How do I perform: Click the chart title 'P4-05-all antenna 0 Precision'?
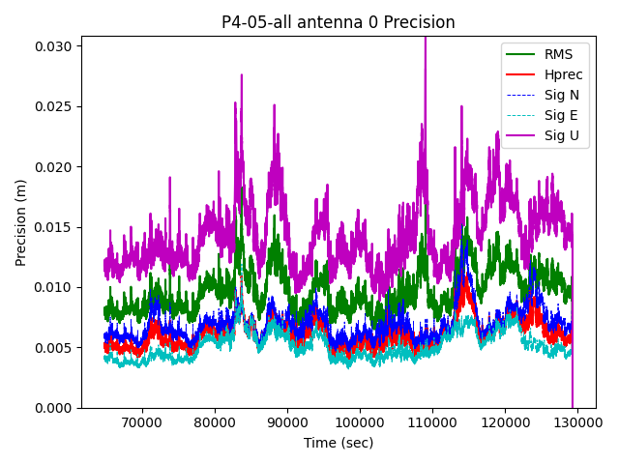coord(338,22)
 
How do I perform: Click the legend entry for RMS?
coord(558,54)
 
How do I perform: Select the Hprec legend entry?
coord(564,74)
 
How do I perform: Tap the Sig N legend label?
coord(561,95)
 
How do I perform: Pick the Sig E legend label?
coord(561,115)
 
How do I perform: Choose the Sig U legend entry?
coord(561,135)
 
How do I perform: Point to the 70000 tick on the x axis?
coord(142,422)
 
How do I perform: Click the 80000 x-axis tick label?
coord(215,422)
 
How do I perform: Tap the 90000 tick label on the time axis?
coord(287,422)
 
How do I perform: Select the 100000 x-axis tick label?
coord(360,422)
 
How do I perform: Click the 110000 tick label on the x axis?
coord(432,422)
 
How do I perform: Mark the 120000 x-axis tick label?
coord(505,422)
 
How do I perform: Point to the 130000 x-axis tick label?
coord(577,422)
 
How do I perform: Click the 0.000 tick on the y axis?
coord(55,408)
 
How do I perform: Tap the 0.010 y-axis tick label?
coord(55,287)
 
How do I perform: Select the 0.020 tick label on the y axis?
coord(55,166)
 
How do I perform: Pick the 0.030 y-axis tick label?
coord(55,46)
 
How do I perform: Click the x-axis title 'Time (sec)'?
coord(338,443)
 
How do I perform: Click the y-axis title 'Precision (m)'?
coord(20,221)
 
